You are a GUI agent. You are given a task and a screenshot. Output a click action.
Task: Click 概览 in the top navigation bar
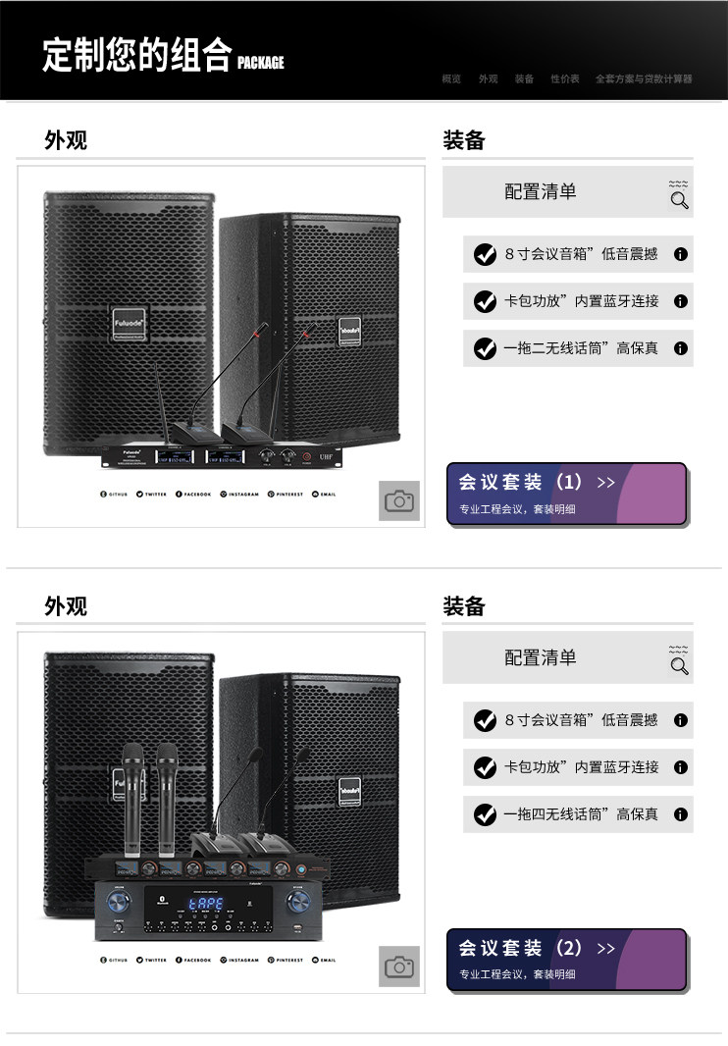tap(451, 78)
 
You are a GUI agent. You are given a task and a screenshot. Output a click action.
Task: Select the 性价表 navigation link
tap(564, 78)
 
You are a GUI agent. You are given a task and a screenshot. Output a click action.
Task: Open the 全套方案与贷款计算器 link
tap(644, 78)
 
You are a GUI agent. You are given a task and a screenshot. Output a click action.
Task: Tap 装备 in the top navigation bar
tap(524, 78)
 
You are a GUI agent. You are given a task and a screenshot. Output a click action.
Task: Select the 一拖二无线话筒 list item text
tap(581, 348)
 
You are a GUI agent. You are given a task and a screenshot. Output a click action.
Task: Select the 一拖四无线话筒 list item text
tap(581, 814)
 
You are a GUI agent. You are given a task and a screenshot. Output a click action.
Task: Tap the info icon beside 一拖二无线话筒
tap(681, 348)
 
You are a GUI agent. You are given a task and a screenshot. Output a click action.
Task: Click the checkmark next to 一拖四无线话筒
tap(485, 814)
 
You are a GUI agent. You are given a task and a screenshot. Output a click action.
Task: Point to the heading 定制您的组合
tap(136, 55)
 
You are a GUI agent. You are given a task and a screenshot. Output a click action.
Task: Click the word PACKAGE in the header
tap(261, 63)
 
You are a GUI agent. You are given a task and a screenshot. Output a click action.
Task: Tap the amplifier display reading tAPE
tap(206, 903)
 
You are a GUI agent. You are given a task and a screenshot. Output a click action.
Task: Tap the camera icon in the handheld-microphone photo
tap(399, 967)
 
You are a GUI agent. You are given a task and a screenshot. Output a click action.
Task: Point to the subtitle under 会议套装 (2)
tap(517, 974)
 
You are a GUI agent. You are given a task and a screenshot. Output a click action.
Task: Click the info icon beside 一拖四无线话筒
tap(681, 814)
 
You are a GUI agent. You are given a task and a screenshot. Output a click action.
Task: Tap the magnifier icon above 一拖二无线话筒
tap(679, 200)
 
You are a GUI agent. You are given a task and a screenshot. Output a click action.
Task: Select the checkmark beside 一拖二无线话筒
tap(485, 348)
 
